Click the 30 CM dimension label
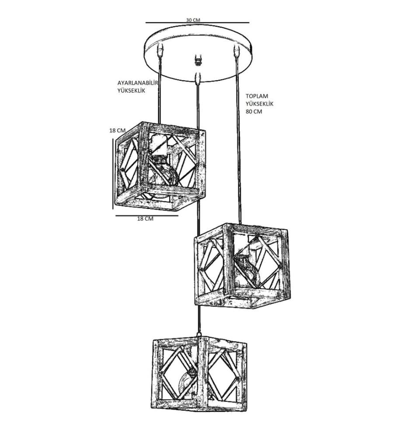pyautogui.click(x=193, y=20)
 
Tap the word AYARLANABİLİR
pyautogui.click(x=138, y=83)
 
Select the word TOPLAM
pyautogui.click(x=257, y=96)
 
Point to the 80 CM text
pyautogui.click(x=254, y=111)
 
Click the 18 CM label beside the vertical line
pyautogui.click(x=117, y=131)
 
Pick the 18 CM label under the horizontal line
pyautogui.click(x=145, y=219)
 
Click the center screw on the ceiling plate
pyautogui.click(x=198, y=60)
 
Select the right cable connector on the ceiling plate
pyautogui.click(x=237, y=50)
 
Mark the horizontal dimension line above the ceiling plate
pyautogui.click(x=197, y=23)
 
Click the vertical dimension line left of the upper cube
pyautogui.click(x=113, y=174)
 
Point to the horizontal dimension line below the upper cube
pyautogui.click(x=146, y=215)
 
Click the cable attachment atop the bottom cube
pyautogui.click(x=199, y=334)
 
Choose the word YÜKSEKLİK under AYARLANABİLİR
pyautogui.click(x=131, y=91)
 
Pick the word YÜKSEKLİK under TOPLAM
pyautogui.click(x=260, y=104)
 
